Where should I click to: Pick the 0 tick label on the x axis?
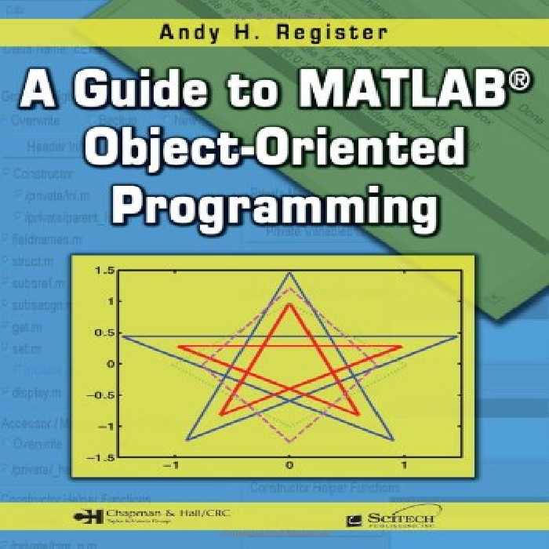pos(289,467)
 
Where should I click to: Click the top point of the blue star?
pos(289,273)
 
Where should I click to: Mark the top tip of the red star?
pos(289,304)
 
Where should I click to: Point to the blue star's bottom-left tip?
pos(187,440)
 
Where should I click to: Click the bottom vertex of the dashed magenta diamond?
pos(289,442)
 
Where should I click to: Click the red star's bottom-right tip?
pos(359,415)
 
